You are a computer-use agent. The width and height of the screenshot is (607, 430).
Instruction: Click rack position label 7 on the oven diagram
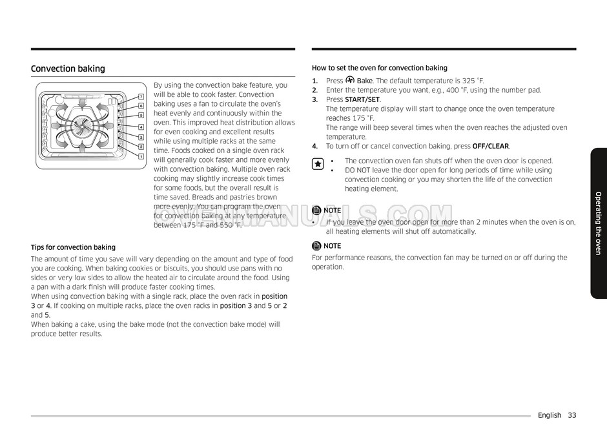tap(141, 97)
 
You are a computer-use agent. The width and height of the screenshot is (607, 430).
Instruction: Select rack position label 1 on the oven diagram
tap(141, 156)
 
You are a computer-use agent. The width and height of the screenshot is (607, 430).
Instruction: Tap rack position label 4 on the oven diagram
tap(141, 127)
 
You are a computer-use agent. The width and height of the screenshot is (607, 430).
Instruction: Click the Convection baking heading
tap(68, 69)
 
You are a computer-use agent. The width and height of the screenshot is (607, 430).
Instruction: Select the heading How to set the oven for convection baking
tap(379, 68)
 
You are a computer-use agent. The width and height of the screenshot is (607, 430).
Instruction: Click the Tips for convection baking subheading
tap(73, 247)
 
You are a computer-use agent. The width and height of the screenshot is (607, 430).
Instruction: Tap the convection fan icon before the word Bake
tap(350, 80)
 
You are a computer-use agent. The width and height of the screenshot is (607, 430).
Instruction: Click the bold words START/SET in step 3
tap(362, 99)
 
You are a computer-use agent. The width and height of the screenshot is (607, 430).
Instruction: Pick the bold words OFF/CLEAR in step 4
tap(491, 147)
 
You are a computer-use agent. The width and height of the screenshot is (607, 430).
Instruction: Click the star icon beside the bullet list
tap(318, 165)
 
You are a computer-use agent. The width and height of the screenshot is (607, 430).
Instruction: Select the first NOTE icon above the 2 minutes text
tap(316, 210)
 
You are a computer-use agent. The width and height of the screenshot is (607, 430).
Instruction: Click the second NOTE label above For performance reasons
tap(332, 246)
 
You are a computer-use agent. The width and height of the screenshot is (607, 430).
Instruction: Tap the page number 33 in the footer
tap(573, 416)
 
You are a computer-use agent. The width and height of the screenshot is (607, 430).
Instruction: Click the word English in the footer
tap(549, 416)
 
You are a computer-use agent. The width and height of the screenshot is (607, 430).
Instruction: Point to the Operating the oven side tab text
tap(598, 223)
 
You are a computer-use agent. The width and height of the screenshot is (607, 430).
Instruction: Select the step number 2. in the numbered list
tap(315, 90)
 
